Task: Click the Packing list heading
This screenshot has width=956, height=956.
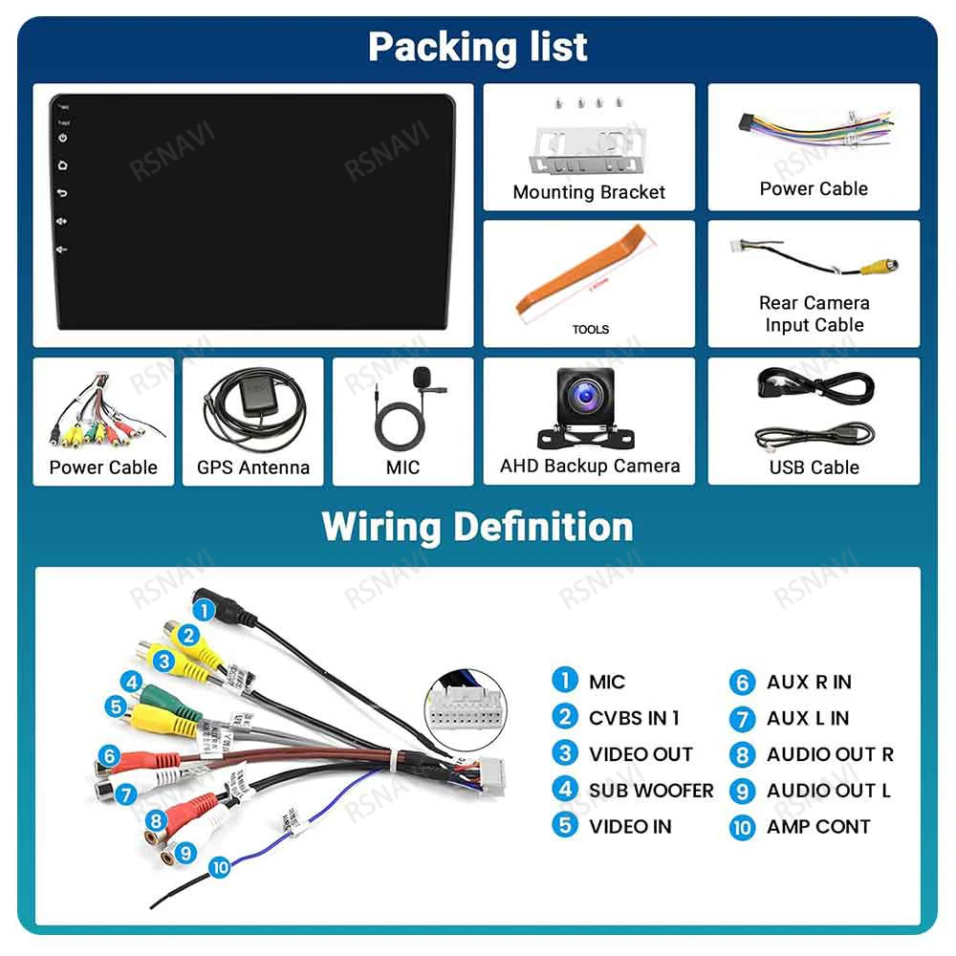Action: pos(478,47)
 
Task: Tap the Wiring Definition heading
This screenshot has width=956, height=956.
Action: pos(478,527)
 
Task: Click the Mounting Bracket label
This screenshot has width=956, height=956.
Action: pos(589,192)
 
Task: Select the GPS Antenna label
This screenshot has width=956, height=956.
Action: pos(253,467)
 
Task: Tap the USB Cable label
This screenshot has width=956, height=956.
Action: pos(814,467)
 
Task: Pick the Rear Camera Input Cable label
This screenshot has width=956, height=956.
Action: pos(814,314)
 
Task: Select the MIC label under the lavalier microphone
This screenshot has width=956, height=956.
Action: pos(402,467)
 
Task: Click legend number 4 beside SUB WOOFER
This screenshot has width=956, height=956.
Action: pos(565,790)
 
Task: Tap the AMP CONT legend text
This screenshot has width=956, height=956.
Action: pos(818,827)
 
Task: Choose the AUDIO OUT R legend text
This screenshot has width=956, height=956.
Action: pos(830,754)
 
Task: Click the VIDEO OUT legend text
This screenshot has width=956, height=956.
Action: pos(641,754)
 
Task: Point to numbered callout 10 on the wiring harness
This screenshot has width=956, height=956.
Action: pos(221,867)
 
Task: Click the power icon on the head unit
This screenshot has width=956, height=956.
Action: pos(62,139)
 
